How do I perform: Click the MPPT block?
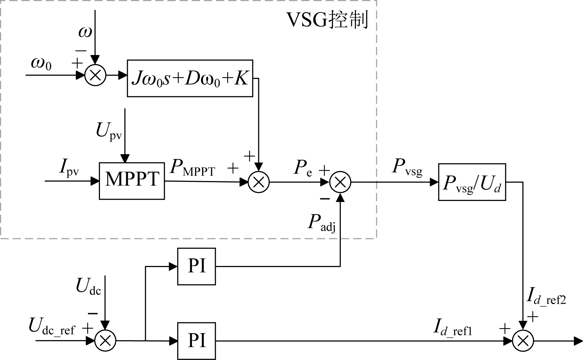[x=132, y=181]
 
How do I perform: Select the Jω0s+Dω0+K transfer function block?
[x=190, y=79]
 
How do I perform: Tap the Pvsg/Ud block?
[x=472, y=182]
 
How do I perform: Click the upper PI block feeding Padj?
[x=197, y=266]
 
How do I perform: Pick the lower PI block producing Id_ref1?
[x=197, y=341]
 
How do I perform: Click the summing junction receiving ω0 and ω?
[x=95, y=75]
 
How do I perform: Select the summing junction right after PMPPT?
[x=259, y=182]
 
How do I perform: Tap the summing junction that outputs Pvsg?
[x=340, y=182]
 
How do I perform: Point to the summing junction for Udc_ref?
[x=105, y=341]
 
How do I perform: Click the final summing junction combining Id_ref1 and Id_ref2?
[x=523, y=341]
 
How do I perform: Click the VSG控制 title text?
[x=327, y=20]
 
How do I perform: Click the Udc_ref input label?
[x=52, y=326]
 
